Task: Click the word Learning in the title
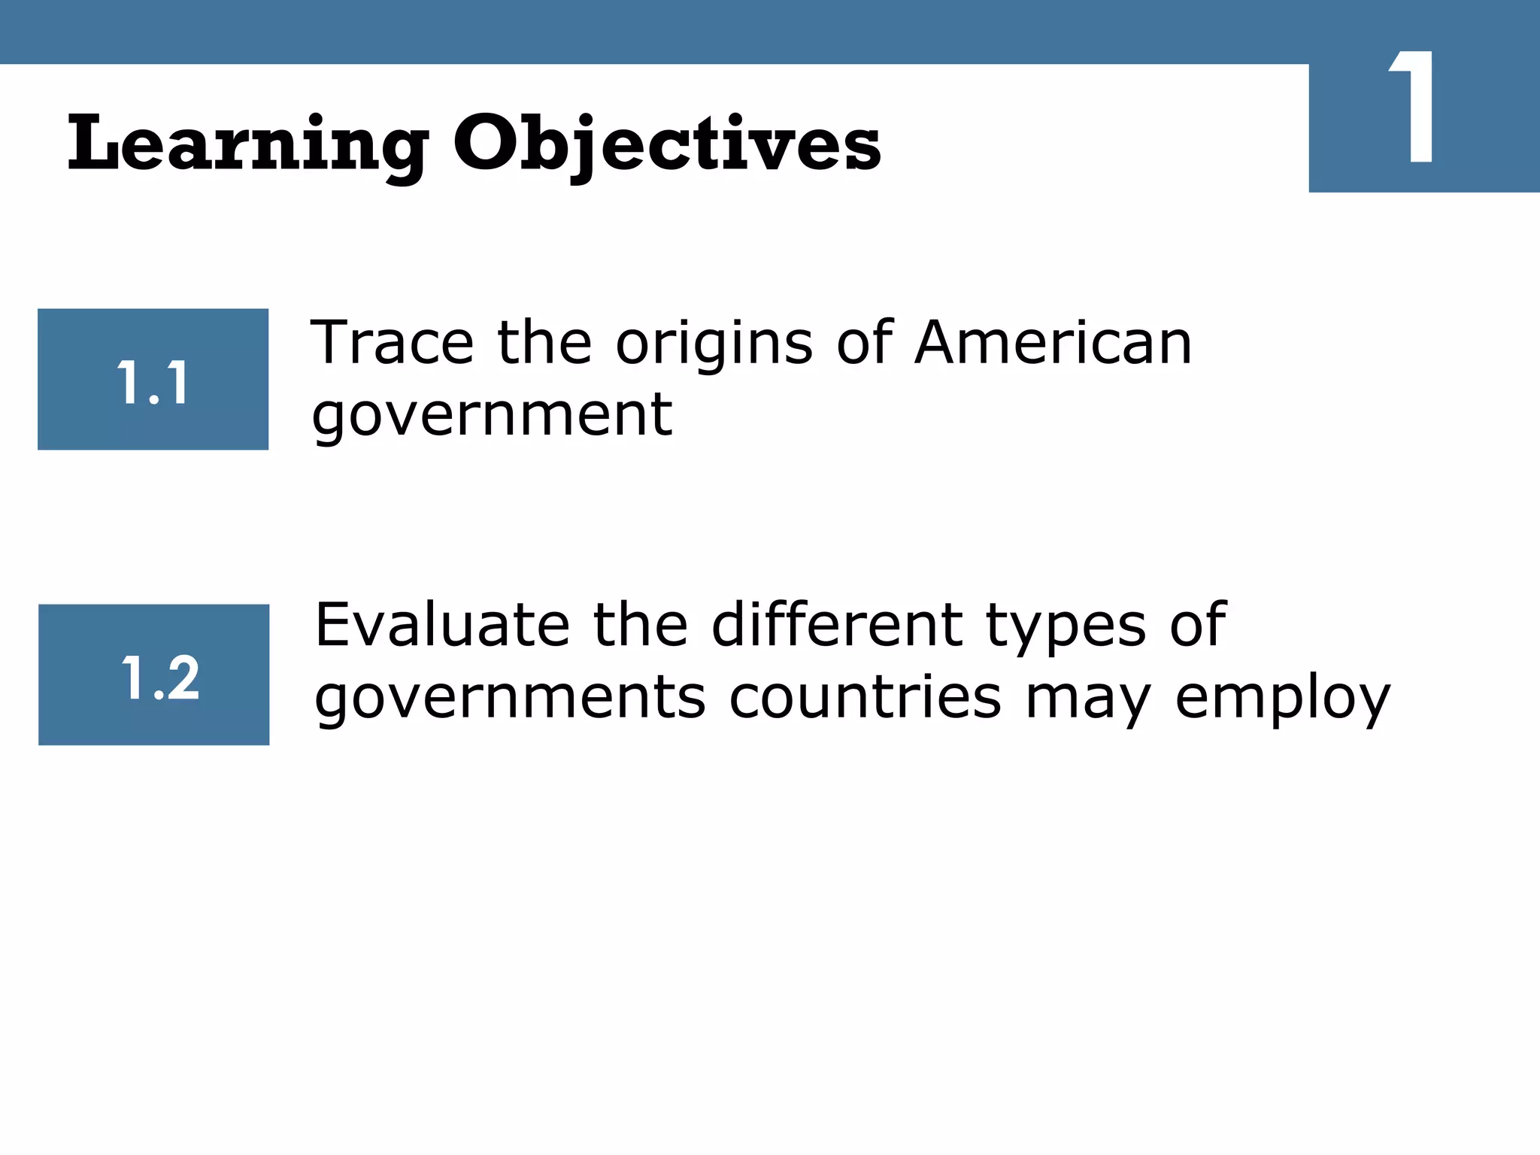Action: (x=248, y=144)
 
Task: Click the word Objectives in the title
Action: (x=666, y=144)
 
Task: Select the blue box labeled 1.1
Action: (x=153, y=380)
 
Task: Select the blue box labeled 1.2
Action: (x=153, y=675)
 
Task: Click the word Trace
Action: (x=392, y=343)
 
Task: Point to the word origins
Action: (x=714, y=344)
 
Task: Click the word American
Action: (x=1053, y=343)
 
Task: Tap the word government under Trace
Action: (x=493, y=416)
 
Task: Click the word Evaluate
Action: (x=442, y=625)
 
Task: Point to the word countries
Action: (x=865, y=696)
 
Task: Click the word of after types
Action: (x=1198, y=625)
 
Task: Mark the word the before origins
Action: (x=544, y=343)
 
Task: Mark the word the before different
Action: (x=640, y=625)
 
